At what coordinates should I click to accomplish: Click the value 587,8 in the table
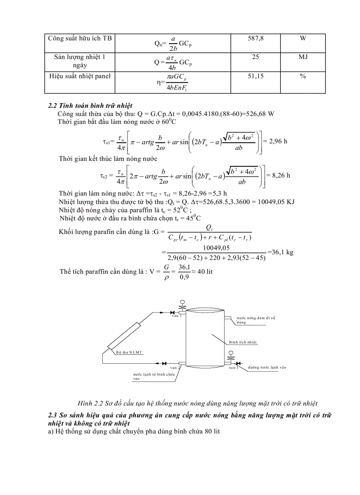click(256, 39)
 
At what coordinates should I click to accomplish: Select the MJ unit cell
click(303, 58)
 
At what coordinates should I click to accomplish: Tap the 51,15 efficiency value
click(256, 77)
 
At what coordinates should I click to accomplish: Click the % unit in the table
click(303, 77)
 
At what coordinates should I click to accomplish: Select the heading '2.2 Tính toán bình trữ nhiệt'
click(90, 106)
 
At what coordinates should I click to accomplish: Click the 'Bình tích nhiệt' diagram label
click(243, 342)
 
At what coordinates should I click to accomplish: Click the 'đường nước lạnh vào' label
click(267, 367)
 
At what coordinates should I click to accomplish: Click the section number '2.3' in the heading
click(53, 415)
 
